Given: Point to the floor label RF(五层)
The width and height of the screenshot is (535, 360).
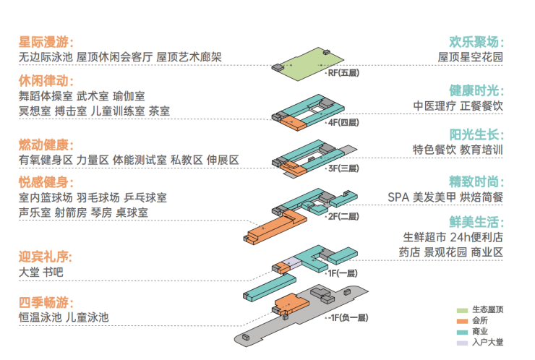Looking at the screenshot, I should pyautogui.click(x=343, y=73).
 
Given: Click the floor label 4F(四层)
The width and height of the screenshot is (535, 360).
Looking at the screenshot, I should pyautogui.click(x=343, y=122).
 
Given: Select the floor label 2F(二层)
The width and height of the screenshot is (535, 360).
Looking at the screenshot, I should pyautogui.click(x=343, y=215).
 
